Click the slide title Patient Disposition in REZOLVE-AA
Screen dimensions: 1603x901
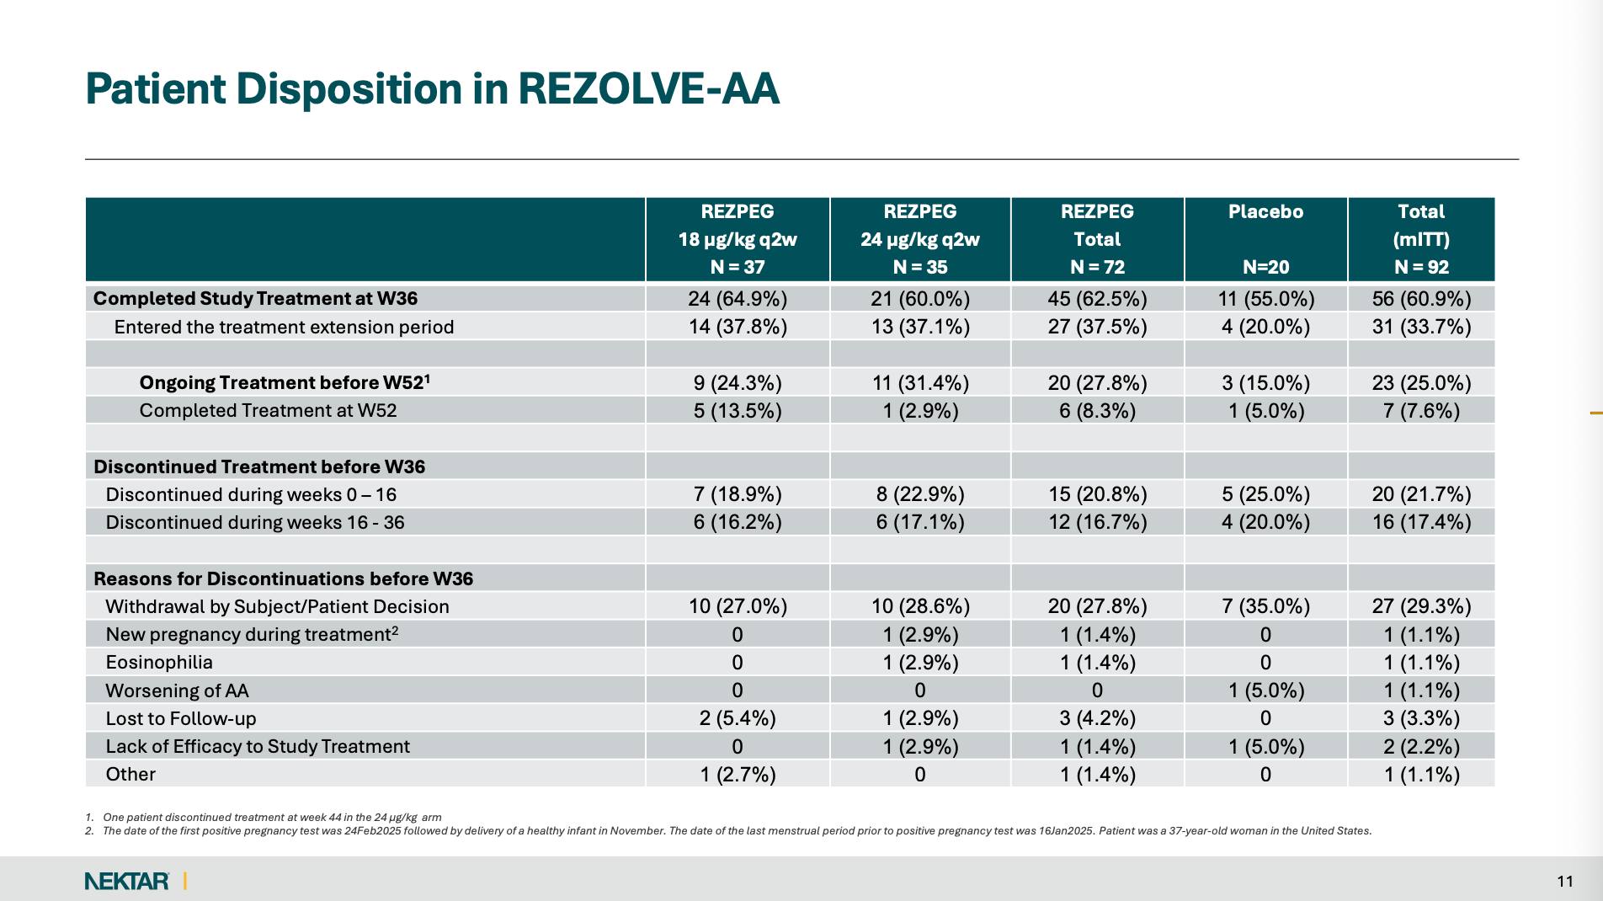click(x=432, y=89)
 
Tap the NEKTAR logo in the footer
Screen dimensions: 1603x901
click(x=127, y=881)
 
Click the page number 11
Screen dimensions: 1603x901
click(x=1565, y=881)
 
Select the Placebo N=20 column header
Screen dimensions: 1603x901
click(x=1265, y=239)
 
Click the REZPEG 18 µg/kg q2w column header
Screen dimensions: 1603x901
click(x=738, y=239)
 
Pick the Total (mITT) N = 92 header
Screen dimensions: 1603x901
click(x=1421, y=239)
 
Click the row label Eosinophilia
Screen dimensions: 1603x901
click(x=159, y=662)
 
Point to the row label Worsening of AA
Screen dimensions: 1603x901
click(x=177, y=690)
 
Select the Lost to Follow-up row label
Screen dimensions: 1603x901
click(x=181, y=718)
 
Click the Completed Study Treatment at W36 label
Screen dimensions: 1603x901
click(x=255, y=298)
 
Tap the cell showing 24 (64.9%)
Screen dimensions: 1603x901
click(x=738, y=299)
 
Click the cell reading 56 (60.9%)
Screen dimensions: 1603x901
click(x=1421, y=299)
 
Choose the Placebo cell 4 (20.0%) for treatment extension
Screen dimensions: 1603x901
click(x=1265, y=327)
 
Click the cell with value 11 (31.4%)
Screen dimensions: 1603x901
click(x=920, y=383)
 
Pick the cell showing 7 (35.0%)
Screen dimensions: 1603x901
click(x=1265, y=606)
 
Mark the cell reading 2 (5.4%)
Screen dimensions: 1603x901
click(x=738, y=718)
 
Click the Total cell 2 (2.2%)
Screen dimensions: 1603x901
click(x=1421, y=746)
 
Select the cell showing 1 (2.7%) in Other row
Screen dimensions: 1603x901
click(x=738, y=774)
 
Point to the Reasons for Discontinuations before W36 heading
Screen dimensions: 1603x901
click(x=283, y=578)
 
